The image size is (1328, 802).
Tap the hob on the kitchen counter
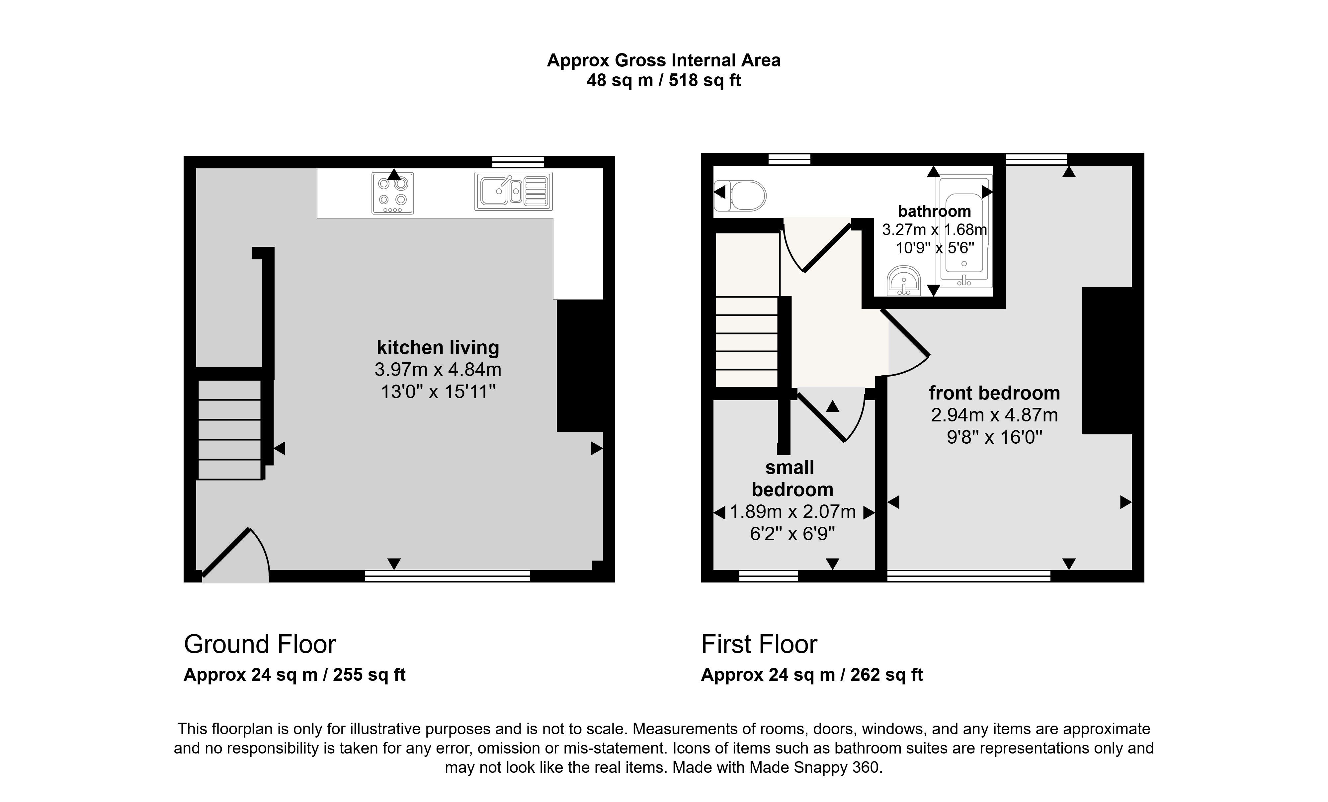(x=393, y=193)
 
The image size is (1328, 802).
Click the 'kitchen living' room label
(x=438, y=348)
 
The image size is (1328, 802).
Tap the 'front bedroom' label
(x=994, y=393)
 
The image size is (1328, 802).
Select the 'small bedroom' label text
(x=792, y=478)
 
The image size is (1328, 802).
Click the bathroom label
(x=935, y=211)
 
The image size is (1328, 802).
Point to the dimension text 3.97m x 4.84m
(x=438, y=370)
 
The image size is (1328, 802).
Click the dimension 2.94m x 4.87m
(x=994, y=415)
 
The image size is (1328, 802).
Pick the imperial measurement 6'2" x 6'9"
(x=792, y=534)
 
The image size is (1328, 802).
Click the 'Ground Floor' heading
(x=260, y=644)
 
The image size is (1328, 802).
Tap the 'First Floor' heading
(x=759, y=644)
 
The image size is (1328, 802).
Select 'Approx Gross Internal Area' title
(x=663, y=60)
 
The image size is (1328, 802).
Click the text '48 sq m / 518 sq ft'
(x=663, y=80)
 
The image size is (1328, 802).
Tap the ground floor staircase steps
(x=230, y=430)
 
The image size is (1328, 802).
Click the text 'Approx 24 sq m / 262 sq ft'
(x=812, y=675)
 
